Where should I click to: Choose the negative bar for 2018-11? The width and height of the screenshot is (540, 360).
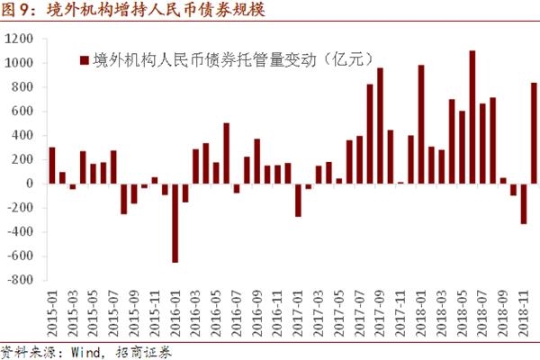[x=524, y=203]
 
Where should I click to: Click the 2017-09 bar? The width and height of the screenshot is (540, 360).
[x=380, y=126]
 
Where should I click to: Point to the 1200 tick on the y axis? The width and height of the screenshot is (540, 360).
[x=19, y=40]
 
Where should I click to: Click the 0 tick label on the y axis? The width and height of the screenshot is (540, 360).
[x=31, y=184]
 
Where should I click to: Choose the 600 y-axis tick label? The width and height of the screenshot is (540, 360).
[x=22, y=112]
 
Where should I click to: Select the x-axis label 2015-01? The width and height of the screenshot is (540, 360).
[x=52, y=310]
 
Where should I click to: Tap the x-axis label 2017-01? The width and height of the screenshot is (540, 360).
[x=298, y=310]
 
